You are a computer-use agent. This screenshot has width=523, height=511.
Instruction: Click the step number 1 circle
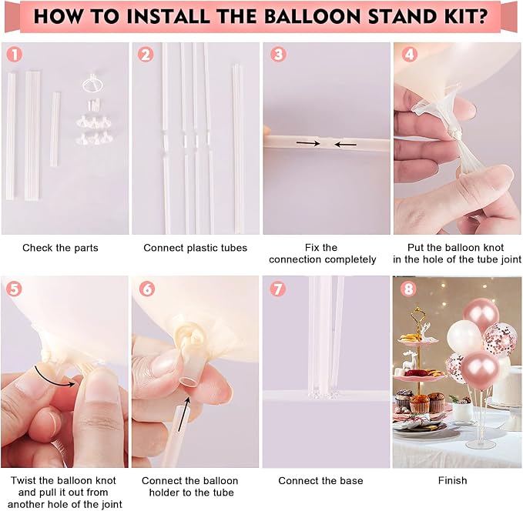coord(15,55)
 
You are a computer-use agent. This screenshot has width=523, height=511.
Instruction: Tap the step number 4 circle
coord(409,54)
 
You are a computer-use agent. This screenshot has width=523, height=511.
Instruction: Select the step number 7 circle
coord(278,289)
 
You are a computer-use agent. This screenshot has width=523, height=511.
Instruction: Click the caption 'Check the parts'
coord(60,248)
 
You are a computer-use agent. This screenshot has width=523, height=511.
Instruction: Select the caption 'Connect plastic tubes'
coord(195,248)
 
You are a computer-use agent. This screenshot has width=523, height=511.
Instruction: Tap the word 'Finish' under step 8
coord(452,480)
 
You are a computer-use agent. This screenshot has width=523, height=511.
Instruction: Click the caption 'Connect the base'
coord(320,481)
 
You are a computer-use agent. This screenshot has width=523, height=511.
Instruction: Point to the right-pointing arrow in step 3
coord(308,143)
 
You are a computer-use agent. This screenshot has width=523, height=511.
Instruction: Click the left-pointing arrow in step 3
coord(346,145)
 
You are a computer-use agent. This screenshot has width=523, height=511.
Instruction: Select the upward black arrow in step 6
coord(184,414)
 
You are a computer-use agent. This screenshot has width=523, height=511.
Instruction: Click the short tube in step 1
coord(55,129)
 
